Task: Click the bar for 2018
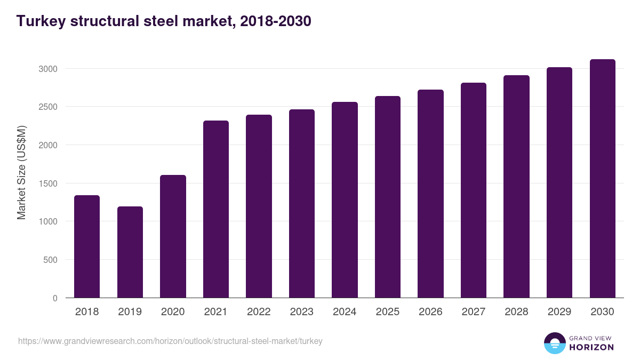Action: pos(87,246)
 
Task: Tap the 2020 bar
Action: pos(173,236)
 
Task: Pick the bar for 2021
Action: pos(216,209)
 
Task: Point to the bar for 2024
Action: pos(345,199)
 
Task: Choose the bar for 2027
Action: pos(474,190)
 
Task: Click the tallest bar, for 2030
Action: pos(602,178)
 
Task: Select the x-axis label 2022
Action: pos(259,311)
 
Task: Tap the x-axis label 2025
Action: pos(388,311)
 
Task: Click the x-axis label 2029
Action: pos(559,311)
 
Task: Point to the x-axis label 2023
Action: pos(302,311)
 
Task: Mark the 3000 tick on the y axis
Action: pos(47,69)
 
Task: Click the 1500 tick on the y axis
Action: pos(47,183)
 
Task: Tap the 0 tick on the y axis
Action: pos(55,298)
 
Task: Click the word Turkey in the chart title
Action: pos(39,21)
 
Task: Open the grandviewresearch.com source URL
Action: pos(170,341)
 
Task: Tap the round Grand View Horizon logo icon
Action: pos(555,343)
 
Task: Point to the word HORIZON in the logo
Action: pos(591,347)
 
